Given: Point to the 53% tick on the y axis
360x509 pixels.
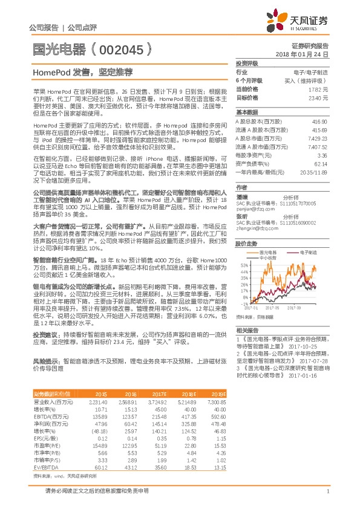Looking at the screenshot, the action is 244,265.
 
